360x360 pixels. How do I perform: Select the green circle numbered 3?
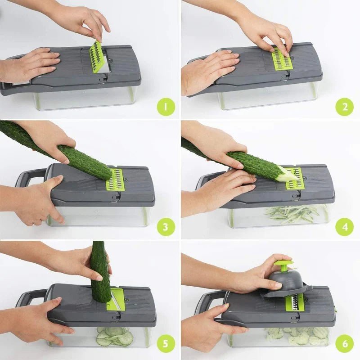[x=166, y=227]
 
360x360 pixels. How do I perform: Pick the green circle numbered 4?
[x=345, y=227]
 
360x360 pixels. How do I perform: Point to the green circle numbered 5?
[x=166, y=345]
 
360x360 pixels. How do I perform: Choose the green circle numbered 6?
[x=345, y=345]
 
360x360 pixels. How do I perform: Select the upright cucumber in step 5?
[x=100, y=270]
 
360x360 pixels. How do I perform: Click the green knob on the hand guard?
[x=283, y=264]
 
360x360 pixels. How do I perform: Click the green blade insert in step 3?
[x=115, y=179]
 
